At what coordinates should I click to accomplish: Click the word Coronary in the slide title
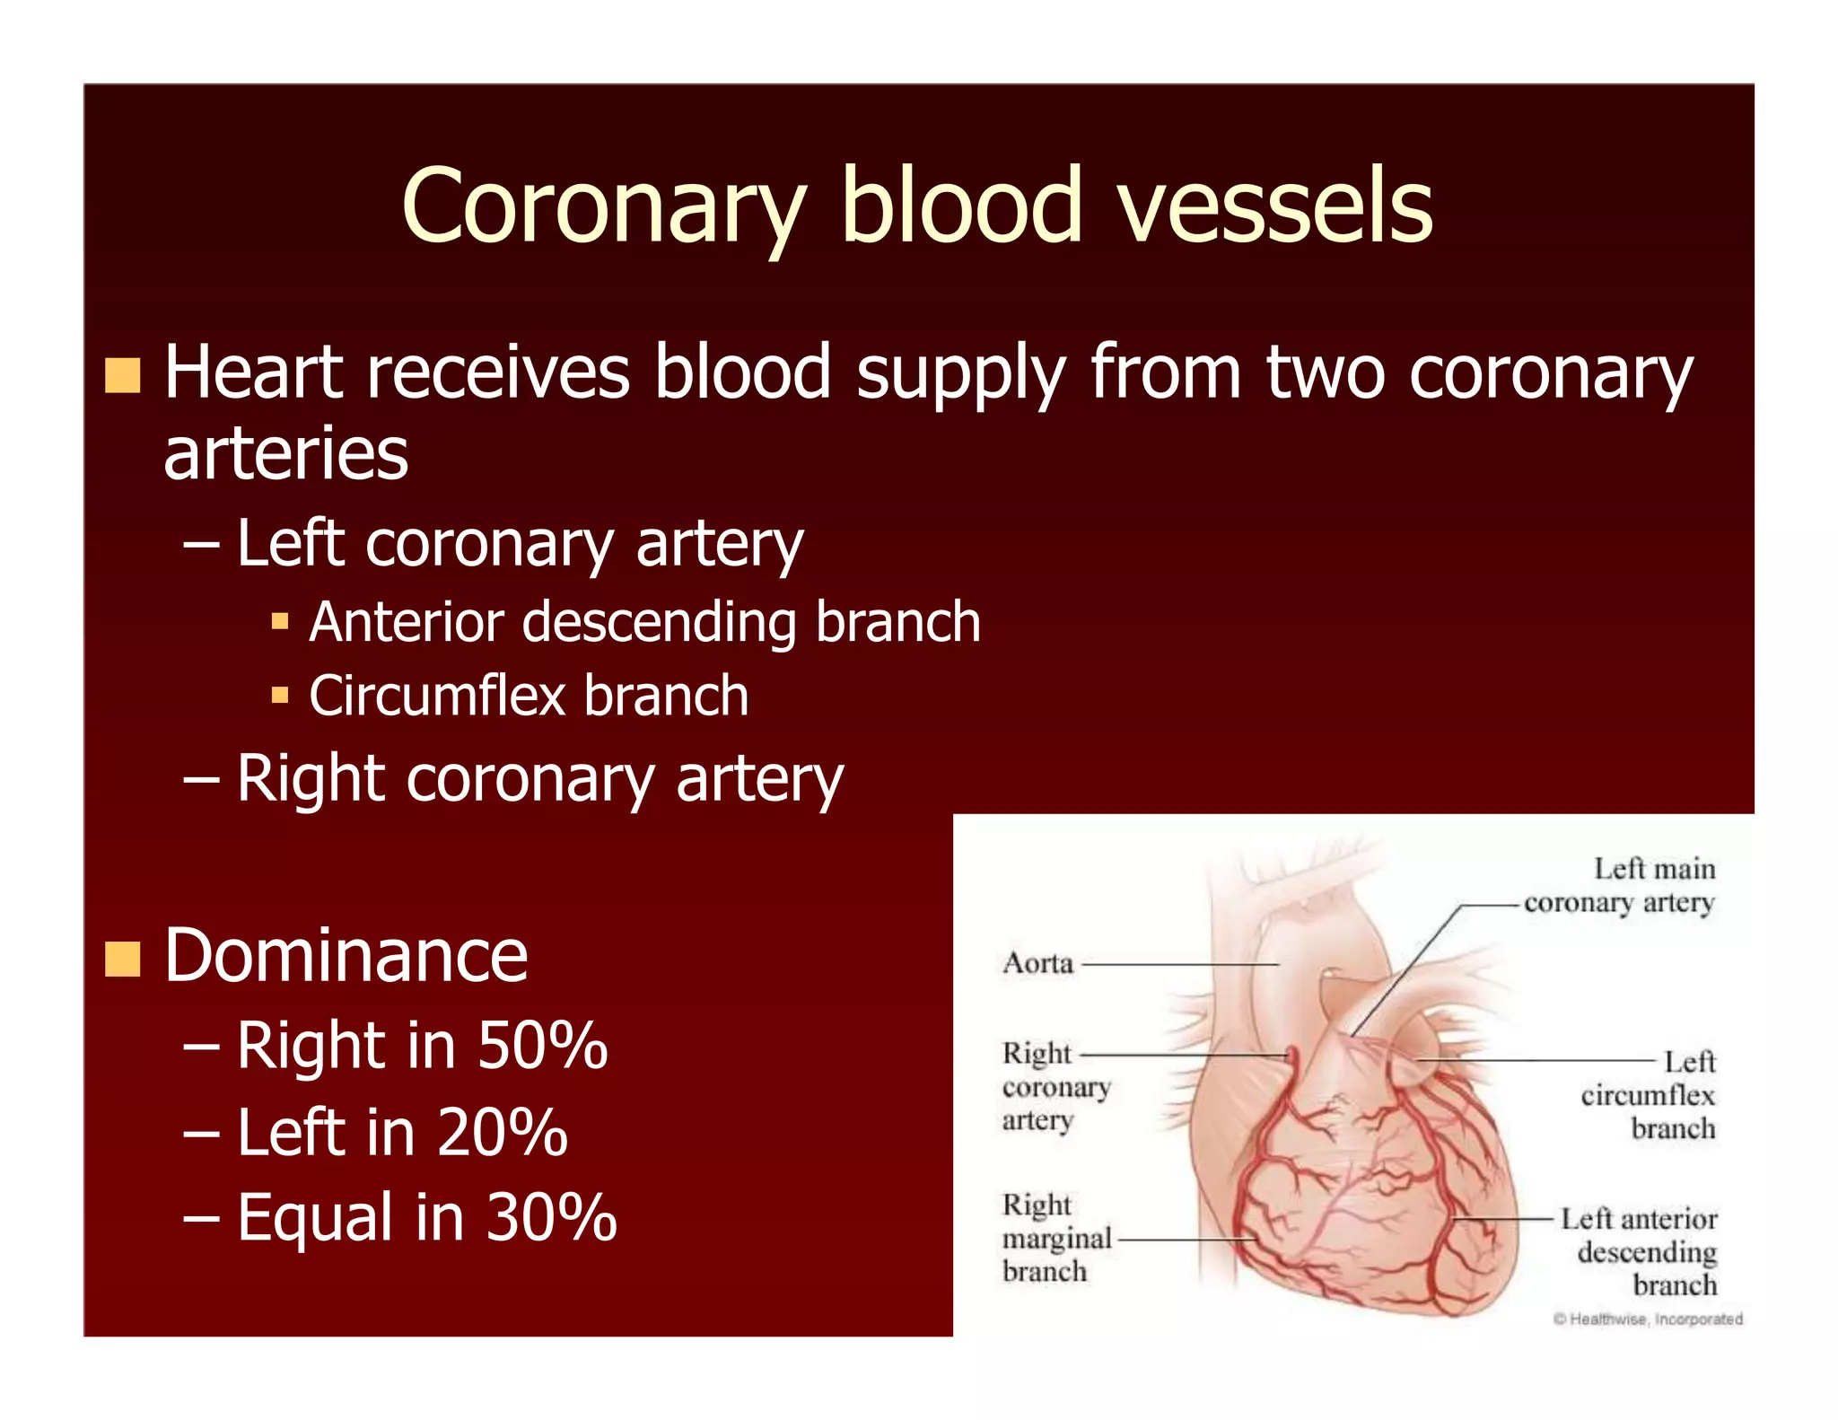pos(604,206)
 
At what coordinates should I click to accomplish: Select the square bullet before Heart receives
pos(123,375)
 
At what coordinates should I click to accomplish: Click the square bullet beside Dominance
pos(123,958)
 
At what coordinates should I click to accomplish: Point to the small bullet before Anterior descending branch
pos(280,621)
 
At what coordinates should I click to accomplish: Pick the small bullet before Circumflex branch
pos(280,695)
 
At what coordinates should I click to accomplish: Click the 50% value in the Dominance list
pos(542,1046)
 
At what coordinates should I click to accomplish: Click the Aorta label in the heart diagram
pos(1038,963)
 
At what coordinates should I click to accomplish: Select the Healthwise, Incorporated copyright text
pos(1648,1319)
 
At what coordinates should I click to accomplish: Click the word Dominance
pos(346,955)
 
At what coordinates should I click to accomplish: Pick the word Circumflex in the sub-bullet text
pos(436,696)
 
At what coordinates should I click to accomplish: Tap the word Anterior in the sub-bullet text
pos(406,622)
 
